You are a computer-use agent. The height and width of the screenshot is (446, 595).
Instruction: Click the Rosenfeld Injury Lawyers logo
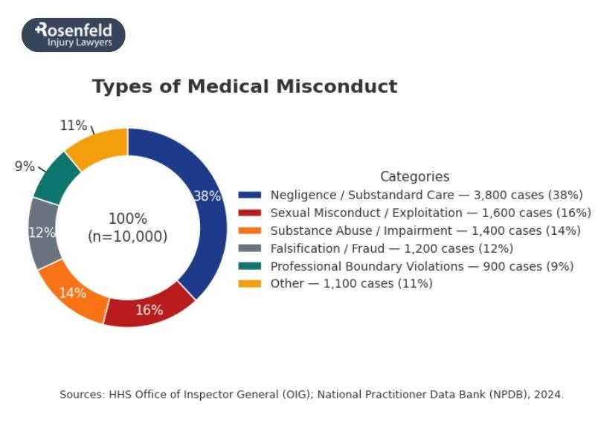(74, 35)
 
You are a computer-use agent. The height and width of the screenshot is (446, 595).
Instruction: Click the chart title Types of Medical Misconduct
(245, 86)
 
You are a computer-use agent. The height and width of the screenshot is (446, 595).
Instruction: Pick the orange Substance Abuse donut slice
(74, 290)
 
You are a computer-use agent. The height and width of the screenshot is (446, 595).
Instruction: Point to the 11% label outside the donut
(74, 126)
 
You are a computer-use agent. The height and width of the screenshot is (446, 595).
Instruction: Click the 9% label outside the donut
(25, 167)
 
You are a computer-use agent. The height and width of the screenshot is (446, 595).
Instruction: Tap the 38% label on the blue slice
(207, 196)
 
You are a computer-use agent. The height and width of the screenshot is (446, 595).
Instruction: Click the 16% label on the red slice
(149, 310)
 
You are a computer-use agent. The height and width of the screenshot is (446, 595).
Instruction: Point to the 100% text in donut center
(128, 219)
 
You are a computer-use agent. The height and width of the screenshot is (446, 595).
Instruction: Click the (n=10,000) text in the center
(128, 236)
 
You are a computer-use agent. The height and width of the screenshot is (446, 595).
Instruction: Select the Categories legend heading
(414, 177)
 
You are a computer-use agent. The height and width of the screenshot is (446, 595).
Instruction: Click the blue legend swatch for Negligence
(250, 195)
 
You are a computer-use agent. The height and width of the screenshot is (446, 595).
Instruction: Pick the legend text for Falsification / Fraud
(392, 248)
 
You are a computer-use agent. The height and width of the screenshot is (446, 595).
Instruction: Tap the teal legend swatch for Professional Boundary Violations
(250, 266)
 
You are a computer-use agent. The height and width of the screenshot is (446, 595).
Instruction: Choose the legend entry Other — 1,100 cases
(351, 283)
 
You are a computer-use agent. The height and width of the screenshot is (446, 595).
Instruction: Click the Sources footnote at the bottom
(312, 395)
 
